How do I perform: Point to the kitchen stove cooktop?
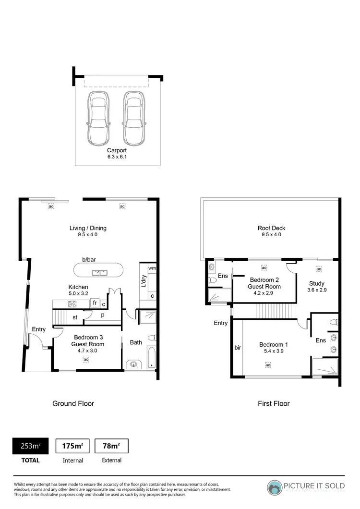(x=72, y=303)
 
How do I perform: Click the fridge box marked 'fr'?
(x=95, y=303)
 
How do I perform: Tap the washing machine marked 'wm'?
(x=152, y=268)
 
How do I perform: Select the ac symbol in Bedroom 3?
(x=86, y=359)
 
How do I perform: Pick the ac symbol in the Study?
(x=319, y=269)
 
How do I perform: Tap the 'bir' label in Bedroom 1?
(x=237, y=347)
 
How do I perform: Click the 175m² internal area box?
(x=73, y=446)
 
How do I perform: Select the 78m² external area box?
(x=111, y=446)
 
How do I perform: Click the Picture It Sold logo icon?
(x=275, y=487)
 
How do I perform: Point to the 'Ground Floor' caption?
(x=73, y=403)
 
